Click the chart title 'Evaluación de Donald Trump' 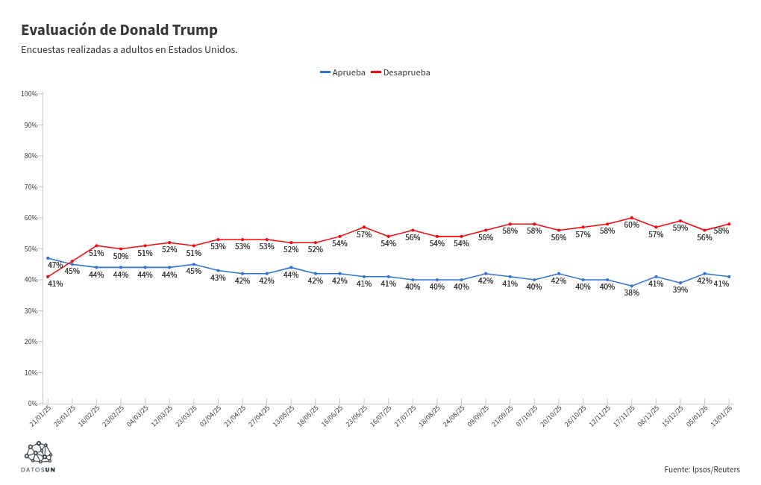tap(119, 30)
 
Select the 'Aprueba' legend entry tap(343, 72)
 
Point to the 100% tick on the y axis tap(30, 94)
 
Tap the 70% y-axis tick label tap(30, 187)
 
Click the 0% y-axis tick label tap(33, 404)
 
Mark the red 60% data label tap(631, 225)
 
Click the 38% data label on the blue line tap(631, 292)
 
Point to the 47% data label tap(55, 265)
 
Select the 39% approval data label tap(680, 290)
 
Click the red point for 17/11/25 tap(632, 218)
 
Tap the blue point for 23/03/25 tap(194, 264)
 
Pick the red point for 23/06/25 tap(364, 227)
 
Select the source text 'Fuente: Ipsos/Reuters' tap(701, 469)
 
